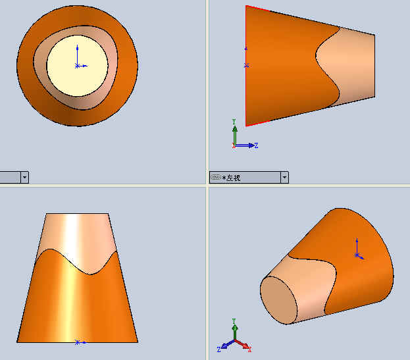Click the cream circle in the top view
click(77, 66)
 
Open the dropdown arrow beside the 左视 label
click(284, 177)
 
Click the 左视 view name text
click(233, 178)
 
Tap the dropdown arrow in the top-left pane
click(24, 177)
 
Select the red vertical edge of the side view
click(246, 66)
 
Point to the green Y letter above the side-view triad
click(234, 122)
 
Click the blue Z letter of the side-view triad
click(256, 145)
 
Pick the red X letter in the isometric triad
click(249, 349)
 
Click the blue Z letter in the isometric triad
click(218, 349)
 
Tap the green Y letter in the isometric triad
click(234, 321)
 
